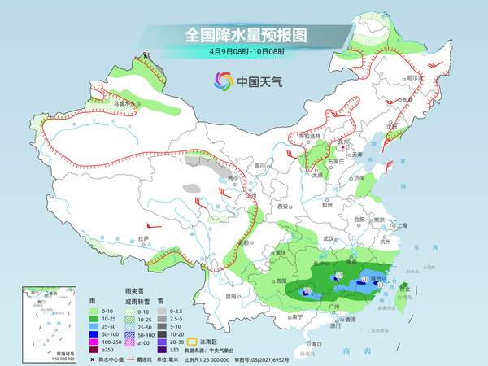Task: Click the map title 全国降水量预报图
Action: coord(243,35)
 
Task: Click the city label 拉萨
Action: coord(143,238)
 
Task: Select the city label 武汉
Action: coord(329,238)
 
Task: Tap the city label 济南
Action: coord(359,178)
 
